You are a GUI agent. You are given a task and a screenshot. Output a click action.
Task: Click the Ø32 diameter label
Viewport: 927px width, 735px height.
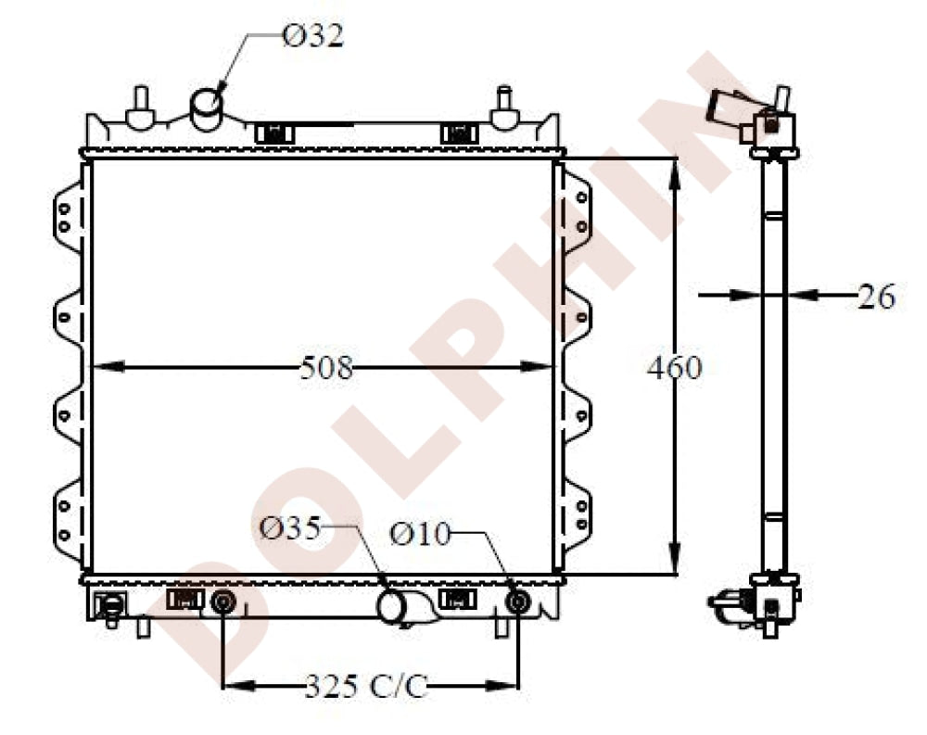coord(312,36)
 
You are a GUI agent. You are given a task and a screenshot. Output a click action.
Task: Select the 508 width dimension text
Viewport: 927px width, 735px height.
coord(326,368)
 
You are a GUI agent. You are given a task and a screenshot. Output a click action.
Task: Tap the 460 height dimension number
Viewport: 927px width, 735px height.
coord(674,368)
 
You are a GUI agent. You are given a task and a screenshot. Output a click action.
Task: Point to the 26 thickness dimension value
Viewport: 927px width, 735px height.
coord(875,297)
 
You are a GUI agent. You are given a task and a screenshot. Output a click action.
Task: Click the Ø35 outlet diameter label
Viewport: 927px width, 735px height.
coord(289,528)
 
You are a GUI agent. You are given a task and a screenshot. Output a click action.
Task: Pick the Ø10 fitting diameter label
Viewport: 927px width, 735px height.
coord(419,534)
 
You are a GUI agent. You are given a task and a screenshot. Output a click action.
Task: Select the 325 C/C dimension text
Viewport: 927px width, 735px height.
coord(365,687)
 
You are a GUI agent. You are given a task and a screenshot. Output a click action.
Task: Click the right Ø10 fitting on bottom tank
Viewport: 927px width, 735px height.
coord(517,602)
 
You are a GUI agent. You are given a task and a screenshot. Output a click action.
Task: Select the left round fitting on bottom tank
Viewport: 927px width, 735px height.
coord(222,602)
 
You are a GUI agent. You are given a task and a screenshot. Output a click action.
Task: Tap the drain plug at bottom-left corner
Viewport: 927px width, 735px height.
coord(109,606)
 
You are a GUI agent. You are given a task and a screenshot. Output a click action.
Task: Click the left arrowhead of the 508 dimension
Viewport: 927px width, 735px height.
coord(102,367)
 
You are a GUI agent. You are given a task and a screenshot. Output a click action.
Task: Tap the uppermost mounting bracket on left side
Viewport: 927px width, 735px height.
coord(67,214)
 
